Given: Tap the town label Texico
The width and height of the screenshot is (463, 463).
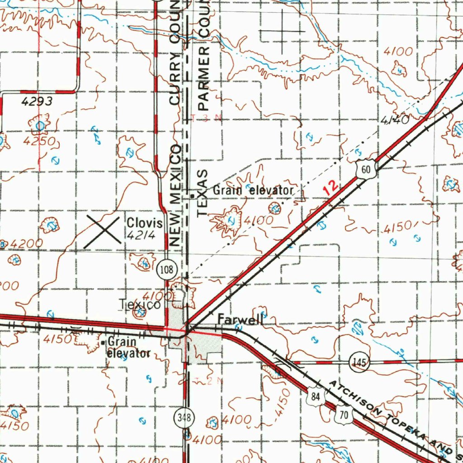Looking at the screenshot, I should pyautogui.click(x=139, y=305).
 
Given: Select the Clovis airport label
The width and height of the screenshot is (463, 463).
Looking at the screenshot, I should pyautogui.click(x=144, y=223).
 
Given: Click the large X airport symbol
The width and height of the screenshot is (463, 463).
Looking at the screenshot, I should pyautogui.click(x=103, y=231).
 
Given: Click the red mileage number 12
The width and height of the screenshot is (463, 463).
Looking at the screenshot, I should pyautogui.click(x=331, y=187).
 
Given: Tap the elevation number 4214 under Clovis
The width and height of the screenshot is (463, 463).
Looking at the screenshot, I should pyautogui.click(x=142, y=235).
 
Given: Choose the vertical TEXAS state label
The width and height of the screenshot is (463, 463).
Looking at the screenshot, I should pyautogui.click(x=203, y=193).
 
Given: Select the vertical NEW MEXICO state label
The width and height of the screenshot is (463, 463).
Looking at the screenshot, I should pyautogui.click(x=175, y=196).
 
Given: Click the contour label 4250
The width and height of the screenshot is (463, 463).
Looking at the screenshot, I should pyautogui.click(x=40, y=142).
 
